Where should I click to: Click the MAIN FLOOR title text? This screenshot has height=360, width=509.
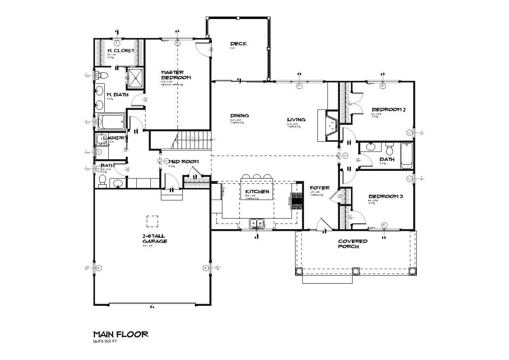coord(120,334)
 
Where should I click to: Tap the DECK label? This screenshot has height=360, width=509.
coord(238,44)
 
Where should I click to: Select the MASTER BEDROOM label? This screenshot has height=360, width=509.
coord(176,75)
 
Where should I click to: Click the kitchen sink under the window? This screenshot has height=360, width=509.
coord(257,223)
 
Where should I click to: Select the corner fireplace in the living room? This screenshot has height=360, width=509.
coord(332,125)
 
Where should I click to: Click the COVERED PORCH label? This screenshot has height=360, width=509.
coord(353,244)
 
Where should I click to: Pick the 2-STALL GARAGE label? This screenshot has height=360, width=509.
coord(154,238)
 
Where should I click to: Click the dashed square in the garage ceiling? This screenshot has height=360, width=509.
coord(152,221)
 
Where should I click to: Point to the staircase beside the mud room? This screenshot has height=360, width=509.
coord(193,140)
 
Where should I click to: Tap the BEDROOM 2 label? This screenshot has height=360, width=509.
coord(389,109)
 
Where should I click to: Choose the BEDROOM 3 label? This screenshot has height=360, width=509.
coord(385,197)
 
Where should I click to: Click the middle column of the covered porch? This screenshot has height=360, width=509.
coord(356,271)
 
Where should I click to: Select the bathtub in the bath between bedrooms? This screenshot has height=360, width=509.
coord(406,156)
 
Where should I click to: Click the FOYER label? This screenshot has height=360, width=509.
coord(319,188)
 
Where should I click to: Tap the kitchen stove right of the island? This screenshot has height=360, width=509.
coord(297,201)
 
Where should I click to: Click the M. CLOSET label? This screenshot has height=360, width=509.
coord(120,51)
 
